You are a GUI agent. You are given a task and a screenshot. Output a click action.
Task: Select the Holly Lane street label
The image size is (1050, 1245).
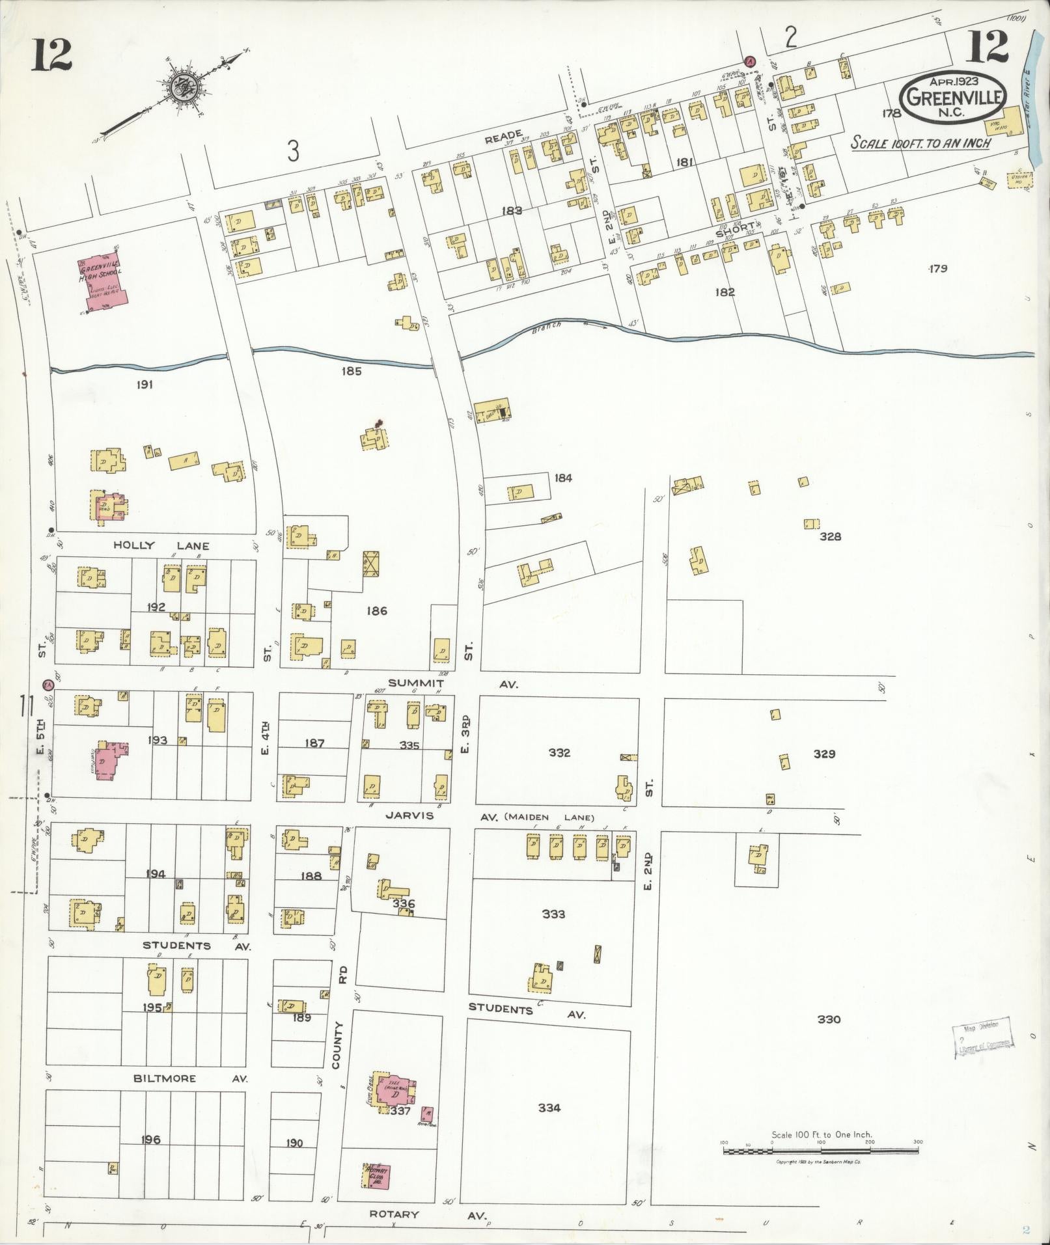pyautogui.click(x=162, y=545)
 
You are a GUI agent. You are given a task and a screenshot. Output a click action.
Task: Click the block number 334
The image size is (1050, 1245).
pyautogui.click(x=549, y=1108)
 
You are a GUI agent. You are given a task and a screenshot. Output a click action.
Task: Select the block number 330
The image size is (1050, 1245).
pyautogui.click(x=829, y=1019)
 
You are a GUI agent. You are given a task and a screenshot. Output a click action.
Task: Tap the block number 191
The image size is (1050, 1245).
pyautogui.click(x=145, y=385)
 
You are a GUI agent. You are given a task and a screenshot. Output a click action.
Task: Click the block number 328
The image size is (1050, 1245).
pyautogui.click(x=831, y=536)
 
